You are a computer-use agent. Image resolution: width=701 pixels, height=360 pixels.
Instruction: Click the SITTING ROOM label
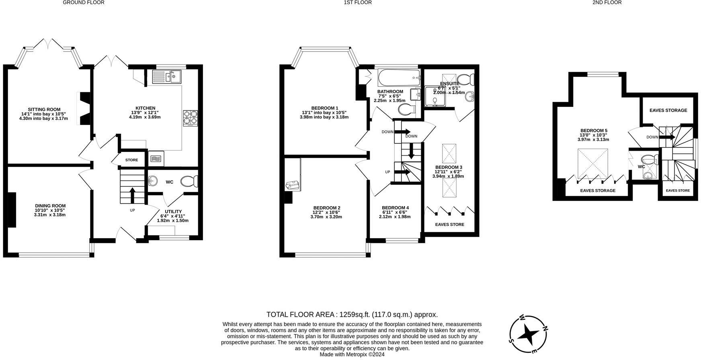44,109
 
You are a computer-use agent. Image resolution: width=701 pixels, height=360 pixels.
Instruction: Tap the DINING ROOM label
50,206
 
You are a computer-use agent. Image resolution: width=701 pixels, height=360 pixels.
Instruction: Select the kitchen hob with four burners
191,118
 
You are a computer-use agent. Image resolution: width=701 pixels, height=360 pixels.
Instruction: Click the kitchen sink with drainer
167,77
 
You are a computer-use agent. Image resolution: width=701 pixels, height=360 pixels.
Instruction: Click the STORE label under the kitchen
131,160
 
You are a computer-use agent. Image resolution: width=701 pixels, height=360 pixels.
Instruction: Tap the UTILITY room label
174,211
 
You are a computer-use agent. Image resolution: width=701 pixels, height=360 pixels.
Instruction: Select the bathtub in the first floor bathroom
399,76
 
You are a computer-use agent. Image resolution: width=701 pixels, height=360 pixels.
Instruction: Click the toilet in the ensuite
465,79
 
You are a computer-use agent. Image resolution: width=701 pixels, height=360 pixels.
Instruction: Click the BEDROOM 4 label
396,208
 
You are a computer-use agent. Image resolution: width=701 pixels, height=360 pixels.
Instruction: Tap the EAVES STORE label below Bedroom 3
450,225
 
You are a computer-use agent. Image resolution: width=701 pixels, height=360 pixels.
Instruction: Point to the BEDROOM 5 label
594,131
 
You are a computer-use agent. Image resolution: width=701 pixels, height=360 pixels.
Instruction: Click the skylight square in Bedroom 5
593,164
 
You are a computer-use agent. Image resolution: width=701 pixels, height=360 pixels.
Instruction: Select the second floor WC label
641,167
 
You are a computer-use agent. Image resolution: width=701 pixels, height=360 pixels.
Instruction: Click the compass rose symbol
528,333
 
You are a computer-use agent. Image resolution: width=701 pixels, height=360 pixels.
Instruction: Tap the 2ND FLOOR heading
607,2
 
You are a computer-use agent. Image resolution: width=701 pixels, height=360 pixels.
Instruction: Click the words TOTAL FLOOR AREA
301,315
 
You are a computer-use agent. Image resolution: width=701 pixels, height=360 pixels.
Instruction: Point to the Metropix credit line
352,354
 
